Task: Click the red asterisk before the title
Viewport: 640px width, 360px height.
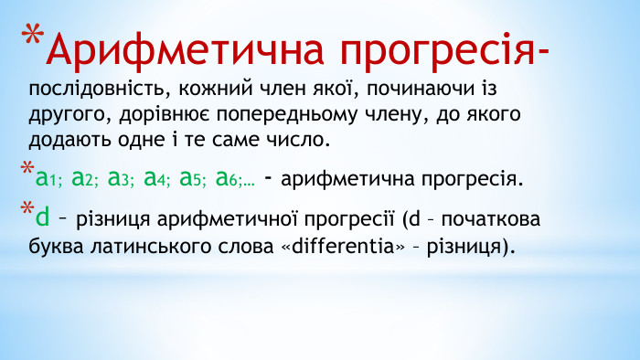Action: [x=33, y=39]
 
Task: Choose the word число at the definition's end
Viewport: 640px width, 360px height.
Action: [x=295, y=141]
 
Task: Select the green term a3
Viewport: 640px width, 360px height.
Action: [x=120, y=178]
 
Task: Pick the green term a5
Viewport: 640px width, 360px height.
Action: [x=192, y=178]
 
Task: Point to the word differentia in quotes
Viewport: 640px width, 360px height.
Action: [x=347, y=246]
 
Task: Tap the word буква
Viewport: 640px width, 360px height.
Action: [x=56, y=246]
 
